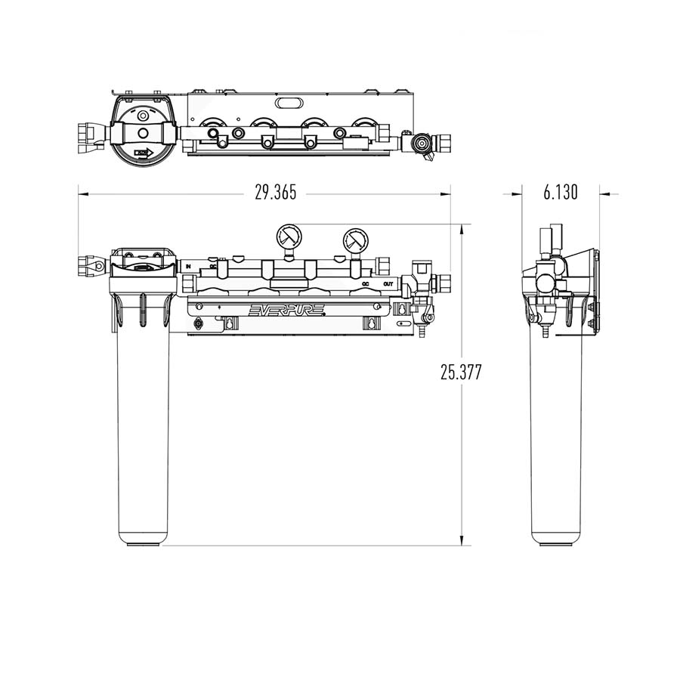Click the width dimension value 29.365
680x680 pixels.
click(x=275, y=193)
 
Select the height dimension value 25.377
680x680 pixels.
click(x=461, y=372)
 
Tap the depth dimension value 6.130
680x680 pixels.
click(x=560, y=193)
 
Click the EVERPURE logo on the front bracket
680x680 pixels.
click(x=288, y=309)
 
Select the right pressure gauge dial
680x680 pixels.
click(x=355, y=241)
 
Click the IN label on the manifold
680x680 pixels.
click(x=188, y=266)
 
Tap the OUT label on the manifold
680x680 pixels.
click(x=388, y=284)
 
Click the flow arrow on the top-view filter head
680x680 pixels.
click(x=144, y=152)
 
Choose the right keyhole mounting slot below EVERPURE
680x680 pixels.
click(x=371, y=323)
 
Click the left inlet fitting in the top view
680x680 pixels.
click(x=91, y=136)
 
